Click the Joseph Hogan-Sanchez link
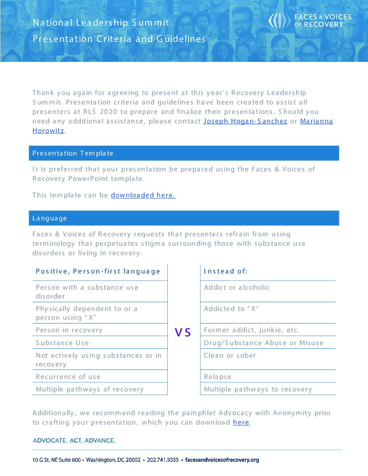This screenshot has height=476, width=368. (245, 121)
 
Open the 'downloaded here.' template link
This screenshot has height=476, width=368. (143, 195)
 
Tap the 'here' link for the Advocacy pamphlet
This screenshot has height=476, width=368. (241, 422)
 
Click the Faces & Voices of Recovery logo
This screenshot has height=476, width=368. (310, 21)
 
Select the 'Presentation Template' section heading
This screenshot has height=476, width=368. (73, 153)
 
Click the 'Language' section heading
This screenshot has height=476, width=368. (50, 218)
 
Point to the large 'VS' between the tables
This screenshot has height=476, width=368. (183, 332)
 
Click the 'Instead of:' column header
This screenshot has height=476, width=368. (226, 271)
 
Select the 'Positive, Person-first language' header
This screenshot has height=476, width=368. (98, 271)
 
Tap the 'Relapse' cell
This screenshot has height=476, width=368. (217, 377)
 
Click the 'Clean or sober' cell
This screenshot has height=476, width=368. (230, 355)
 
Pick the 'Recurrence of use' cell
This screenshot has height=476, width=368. (68, 377)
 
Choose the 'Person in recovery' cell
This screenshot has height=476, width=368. (69, 330)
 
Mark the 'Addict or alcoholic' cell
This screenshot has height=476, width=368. (236, 287)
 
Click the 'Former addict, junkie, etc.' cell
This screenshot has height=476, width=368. (251, 330)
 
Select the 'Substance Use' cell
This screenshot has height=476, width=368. (62, 343)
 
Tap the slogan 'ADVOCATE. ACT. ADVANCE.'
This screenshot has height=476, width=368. (74, 440)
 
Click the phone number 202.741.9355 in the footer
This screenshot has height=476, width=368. (163, 460)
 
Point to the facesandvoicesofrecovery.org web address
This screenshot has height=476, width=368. (222, 460)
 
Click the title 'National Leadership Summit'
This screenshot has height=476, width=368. (101, 23)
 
